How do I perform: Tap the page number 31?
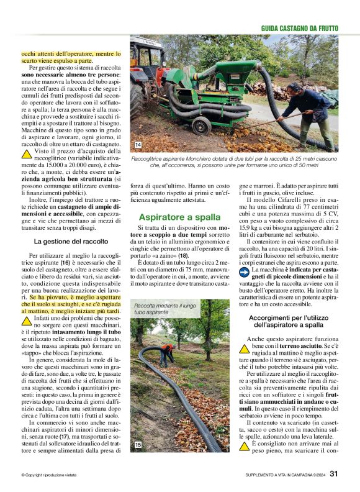click(333, 473)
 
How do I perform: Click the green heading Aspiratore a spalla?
click(179, 217)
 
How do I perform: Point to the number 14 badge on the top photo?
click(138, 145)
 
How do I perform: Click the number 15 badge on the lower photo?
click(138, 445)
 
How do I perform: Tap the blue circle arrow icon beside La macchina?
click(245, 270)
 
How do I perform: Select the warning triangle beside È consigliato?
click(245, 446)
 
